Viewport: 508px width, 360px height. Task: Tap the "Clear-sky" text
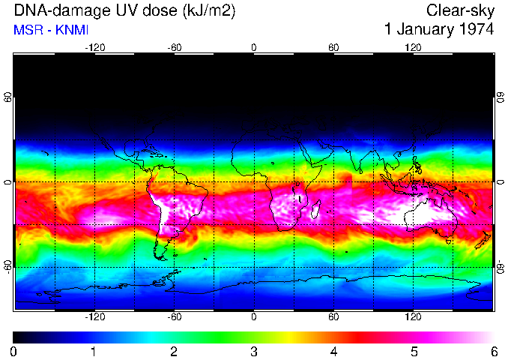tap(460, 11)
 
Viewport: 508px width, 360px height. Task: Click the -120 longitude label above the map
tap(94, 47)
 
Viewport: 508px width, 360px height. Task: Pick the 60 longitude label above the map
tap(333, 47)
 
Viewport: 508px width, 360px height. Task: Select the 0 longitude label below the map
tap(254, 317)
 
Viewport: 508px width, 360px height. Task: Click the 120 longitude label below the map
tap(413, 317)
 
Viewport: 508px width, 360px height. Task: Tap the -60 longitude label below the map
tap(174, 317)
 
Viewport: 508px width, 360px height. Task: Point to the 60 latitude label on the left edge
tap(7, 98)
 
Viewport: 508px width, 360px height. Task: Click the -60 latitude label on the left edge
tap(7, 266)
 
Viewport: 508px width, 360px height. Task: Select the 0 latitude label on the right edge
tap(500, 182)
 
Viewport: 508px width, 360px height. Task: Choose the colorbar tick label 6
tap(493, 351)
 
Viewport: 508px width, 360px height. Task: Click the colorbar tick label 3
tap(254, 351)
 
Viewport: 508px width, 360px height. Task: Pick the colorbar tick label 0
tap(14, 351)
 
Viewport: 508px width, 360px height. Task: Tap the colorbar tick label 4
tap(333, 351)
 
